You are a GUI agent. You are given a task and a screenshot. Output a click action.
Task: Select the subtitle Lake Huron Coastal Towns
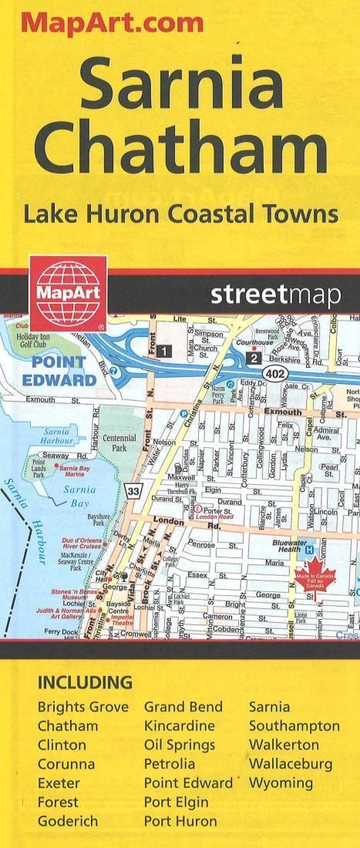point(180,213)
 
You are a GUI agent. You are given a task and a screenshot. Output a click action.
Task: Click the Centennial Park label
point(119,442)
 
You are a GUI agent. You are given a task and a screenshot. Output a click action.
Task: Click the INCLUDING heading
point(85,682)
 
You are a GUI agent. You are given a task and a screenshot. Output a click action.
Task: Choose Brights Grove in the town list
point(83,707)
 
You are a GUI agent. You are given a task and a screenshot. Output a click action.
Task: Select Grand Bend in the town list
point(183,707)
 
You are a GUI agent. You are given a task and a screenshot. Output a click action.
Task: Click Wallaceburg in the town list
point(291,764)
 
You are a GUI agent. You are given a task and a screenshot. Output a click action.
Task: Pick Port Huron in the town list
point(180,822)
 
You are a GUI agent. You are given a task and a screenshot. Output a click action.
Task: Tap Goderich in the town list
point(68,822)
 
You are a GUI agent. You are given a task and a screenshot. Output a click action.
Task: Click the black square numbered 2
point(253,357)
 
